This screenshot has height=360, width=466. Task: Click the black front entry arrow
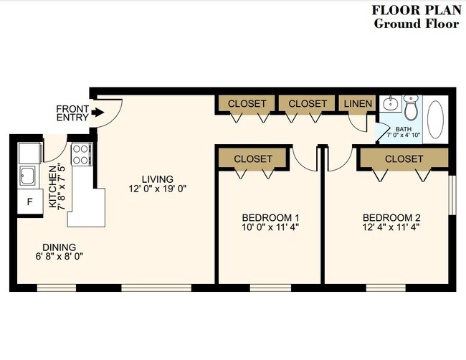(x=98, y=113)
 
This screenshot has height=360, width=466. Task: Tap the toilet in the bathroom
(x=411, y=108)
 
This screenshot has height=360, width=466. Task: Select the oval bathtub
(x=435, y=119)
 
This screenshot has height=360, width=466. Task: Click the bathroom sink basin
(x=390, y=104)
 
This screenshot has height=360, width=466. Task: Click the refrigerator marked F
(x=30, y=202)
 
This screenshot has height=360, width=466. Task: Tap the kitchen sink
(x=27, y=176)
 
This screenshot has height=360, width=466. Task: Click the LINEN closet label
(x=358, y=103)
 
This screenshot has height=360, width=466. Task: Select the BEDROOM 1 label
(x=270, y=217)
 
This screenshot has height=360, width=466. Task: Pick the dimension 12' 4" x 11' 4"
(x=391, y=227)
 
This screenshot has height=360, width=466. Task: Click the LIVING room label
(x=158, y=179)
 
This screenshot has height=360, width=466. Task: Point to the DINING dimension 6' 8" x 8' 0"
(x=59, y=256)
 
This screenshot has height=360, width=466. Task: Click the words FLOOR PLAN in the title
(x=417, y=10)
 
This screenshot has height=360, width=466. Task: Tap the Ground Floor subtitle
(x=417, y=24)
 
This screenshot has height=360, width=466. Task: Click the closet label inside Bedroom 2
(x=404, y=158)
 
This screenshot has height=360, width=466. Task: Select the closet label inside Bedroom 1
(x=253, y=158)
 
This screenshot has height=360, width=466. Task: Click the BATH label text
(x=404, y=129)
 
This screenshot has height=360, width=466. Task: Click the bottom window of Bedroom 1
(x=270, y=288)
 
